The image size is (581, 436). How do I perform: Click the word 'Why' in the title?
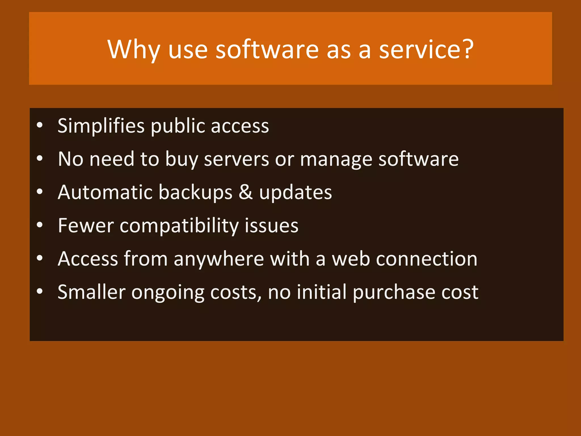tap(133, 50)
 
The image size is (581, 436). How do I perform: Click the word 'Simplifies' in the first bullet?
tap(101, 126)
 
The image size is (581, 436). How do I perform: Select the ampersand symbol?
tap(245, 192)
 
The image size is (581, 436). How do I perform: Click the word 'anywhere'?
tap(219, 259)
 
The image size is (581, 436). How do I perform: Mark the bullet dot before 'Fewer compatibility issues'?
tap(40, 225)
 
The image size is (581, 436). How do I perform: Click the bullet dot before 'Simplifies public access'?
tap(40, 125)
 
